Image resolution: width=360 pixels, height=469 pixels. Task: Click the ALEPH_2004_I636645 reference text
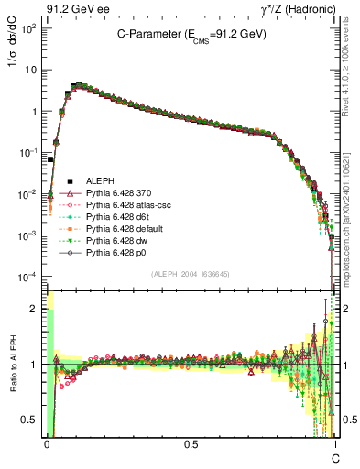point(191,275)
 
